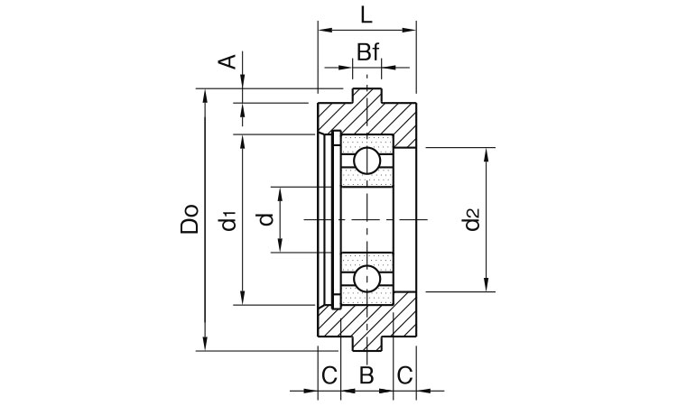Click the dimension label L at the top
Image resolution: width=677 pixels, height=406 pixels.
[x=365, y=15]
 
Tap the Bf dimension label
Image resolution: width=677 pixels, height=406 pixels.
[x=366, y=52]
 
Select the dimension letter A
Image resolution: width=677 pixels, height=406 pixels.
[x=230, y=61]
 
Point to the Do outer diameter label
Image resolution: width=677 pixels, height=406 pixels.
[x=189, y=219]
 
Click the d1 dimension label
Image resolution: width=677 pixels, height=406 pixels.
[x=229, y=219]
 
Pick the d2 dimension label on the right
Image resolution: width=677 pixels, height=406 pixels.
[x=471, y=219]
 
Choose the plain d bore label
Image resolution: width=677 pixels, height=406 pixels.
[x=264, y=219]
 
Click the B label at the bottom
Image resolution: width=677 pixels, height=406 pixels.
[x=366, y=374]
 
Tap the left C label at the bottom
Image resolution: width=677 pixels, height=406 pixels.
[x=329, y=374]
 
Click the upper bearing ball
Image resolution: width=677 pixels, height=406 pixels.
[x=366, y=161]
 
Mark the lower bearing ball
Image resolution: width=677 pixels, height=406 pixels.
[x=366, y=278]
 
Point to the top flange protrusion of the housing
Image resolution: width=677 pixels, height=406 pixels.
[x=366, y=94]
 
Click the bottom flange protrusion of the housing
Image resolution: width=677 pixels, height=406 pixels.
[x=366, y=346]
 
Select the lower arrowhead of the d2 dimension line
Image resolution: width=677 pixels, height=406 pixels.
[x=488, y=286]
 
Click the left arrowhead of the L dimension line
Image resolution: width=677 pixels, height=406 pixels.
[x=323, y=30]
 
